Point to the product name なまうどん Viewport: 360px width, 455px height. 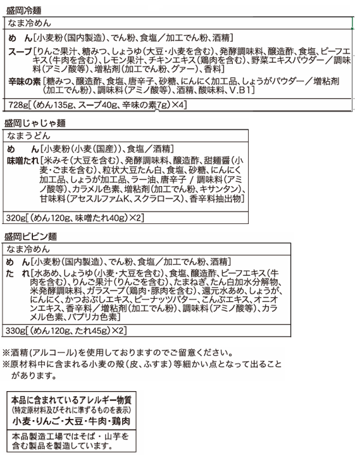29,135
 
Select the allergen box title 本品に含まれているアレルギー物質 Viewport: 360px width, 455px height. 70,400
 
